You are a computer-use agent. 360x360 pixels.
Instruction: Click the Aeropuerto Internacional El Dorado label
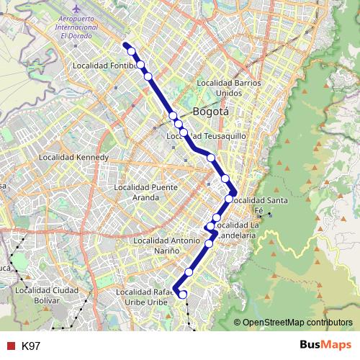click(x=80, y=27)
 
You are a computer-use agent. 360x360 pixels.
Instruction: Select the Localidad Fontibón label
click(x=105, y=66)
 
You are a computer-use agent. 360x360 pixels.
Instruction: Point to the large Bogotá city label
click(x=211, y=112)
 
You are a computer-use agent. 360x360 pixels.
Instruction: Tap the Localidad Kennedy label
click(x=73, y=157)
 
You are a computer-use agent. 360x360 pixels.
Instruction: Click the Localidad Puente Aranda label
click(x=145, y=192)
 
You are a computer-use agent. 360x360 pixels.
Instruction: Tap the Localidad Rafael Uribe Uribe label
click(x=146, y=297)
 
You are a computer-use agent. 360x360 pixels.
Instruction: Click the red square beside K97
click(x=10, y=346)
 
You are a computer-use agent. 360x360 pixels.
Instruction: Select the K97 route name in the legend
click(x=31, y=346)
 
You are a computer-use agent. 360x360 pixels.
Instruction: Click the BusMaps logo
click(x=326, y=345)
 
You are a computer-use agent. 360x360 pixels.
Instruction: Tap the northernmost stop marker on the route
click(x=132, y=51)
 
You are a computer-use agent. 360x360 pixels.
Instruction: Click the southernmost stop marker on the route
click(x=182, y=294)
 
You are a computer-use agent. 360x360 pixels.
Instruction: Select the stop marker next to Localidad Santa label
click(x=230, y=199)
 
